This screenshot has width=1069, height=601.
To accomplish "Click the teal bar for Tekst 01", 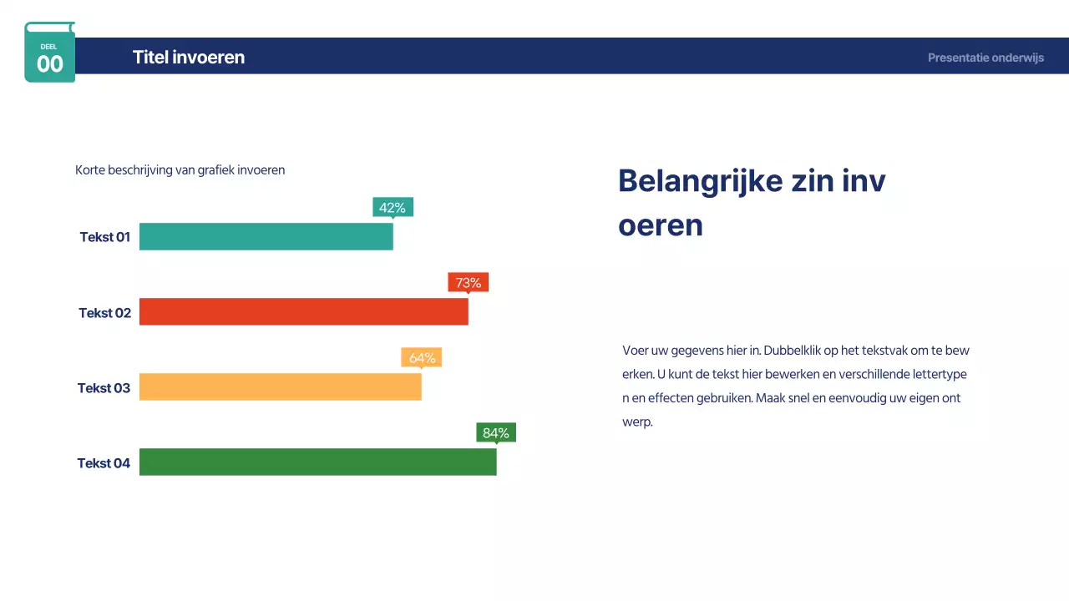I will point(266,236).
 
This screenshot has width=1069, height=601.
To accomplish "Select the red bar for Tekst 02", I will point(303,311).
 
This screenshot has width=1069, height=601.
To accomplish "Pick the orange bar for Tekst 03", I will point(280,386).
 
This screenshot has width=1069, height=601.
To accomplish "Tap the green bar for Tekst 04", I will point(317,462).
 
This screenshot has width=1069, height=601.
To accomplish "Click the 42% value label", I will point(393,207).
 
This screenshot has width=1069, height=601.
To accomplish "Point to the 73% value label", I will point(468,282).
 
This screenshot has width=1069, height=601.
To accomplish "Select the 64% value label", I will point(422,357).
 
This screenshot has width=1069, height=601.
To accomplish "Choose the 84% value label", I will point(496,432).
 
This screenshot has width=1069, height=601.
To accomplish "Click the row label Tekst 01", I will point(105,237).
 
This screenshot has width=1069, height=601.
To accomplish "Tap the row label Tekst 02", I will point(105,313).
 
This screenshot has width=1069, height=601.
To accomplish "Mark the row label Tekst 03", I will point(104,388).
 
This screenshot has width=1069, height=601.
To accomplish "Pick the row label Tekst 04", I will point(104,463).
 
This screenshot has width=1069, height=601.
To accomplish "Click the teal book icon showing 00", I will point(50,53).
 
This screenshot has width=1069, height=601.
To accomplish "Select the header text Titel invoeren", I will point(189,58).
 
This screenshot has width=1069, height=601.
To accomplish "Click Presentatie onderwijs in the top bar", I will point(985,58).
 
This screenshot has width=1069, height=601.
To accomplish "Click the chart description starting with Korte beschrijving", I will point(180,170).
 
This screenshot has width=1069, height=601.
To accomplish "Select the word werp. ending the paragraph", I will point(637,422).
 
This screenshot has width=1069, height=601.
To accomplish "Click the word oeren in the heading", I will point(661,225).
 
